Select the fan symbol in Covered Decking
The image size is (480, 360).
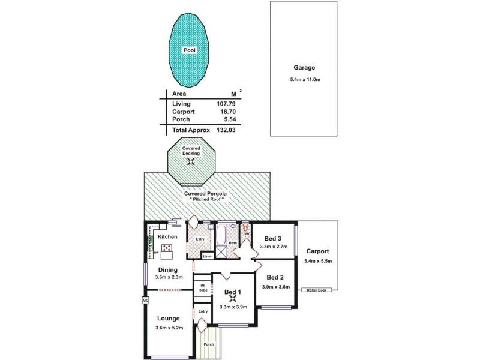pos(191,160)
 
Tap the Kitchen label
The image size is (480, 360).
pos(167,237)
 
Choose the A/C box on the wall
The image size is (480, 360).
pos(145,299)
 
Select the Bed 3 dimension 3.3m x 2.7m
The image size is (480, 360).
pos(273,247)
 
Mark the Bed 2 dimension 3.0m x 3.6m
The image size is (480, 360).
pos(275,287)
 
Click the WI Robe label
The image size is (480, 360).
pos(203,287)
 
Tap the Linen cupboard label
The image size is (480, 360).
pos(208,256)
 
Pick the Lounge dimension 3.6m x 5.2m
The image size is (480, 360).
pos(169,328)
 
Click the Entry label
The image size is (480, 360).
pos(202,311)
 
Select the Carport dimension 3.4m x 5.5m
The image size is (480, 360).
pos(318,261)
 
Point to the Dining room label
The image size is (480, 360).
pos(168,269)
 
